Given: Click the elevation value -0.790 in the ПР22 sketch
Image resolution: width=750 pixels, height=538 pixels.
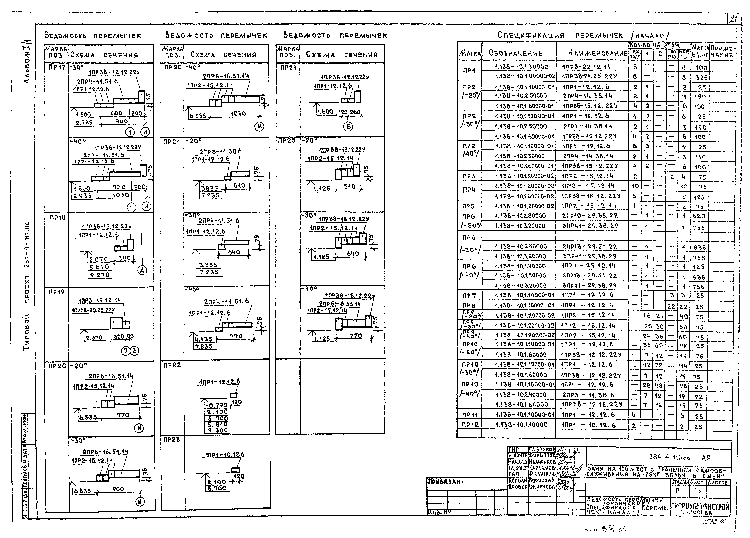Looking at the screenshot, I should [x=217, y=405].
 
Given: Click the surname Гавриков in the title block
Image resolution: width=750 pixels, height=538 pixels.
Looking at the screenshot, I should [x=542, y=449].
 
